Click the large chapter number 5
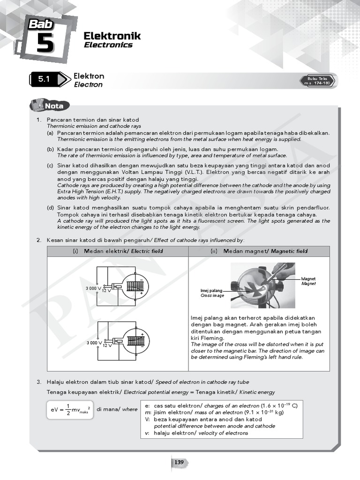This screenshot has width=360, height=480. coord(44,44)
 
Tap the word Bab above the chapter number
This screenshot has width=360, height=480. coord(42,24)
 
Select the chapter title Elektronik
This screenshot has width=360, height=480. coord(112,36)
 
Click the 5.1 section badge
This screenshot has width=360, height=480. coord(44,80)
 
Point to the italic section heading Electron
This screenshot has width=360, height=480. coord(88,85)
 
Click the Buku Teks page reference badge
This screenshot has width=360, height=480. coord(318,81)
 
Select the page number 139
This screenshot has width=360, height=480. coord(179,463)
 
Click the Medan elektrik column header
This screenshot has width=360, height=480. coord(118,251)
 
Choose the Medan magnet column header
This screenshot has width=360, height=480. coord(259,251)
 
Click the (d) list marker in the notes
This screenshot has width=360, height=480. coord(50,208)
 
